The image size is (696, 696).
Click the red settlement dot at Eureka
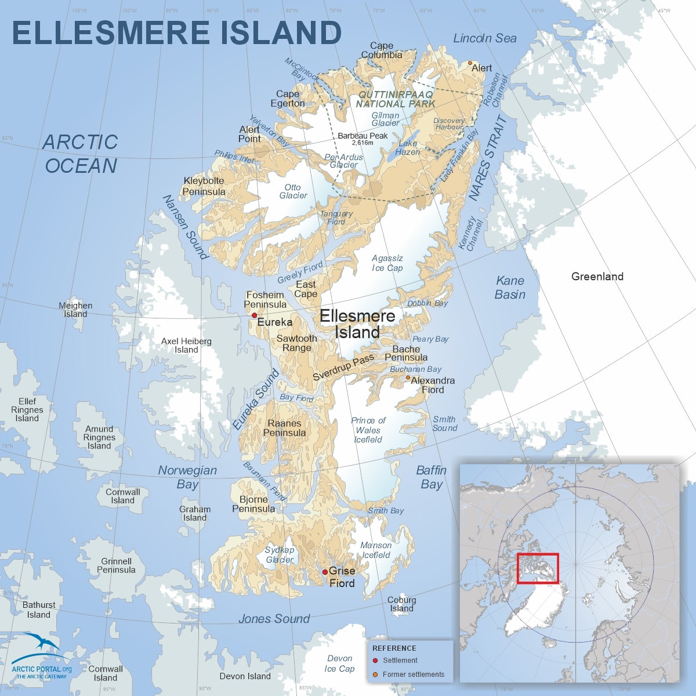tap(254, 316)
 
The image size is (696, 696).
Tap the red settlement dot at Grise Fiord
tap(325, 572)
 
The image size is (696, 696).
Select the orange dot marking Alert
tap(470, 63)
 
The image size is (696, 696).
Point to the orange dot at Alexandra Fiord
tap(408, 378)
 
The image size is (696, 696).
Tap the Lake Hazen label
tap(407, 147)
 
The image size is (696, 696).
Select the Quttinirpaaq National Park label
tap(395, 99)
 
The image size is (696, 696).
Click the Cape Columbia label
tap(382, 50)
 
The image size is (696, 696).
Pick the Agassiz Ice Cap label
tap(387, 263)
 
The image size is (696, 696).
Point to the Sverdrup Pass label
tap(343, 368)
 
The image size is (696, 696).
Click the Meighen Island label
tap(75, 310)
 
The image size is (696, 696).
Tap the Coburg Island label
tap(401, 604)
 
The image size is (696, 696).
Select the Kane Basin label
tap(510, 288)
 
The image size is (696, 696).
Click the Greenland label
tap(597, 277)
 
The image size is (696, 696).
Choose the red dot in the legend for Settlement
tap(375, 661)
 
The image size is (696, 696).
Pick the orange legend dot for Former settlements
tap(375, 675)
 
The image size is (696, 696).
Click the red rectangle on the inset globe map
tap(537, 568)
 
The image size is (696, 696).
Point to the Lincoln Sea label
tap(484, 38)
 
